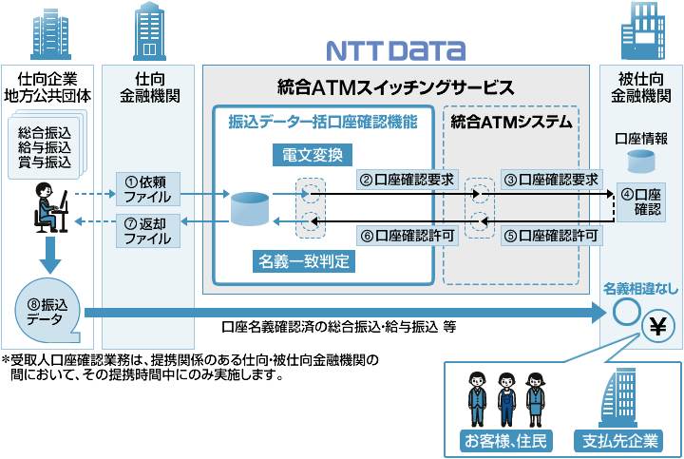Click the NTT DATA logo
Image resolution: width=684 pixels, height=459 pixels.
pyautogui.click(x=396, y=49)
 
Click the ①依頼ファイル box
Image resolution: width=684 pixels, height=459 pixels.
pyautogui.click(x=146, y=190)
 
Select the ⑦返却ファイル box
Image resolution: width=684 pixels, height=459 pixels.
pyautogui.click(x=146, y=231)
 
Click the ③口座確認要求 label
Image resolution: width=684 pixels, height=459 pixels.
pyautogui.click(x=552, y=178)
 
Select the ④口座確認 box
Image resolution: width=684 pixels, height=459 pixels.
pyautogui.click(x=639, y=201)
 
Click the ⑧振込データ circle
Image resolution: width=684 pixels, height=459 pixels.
pyautogui.click(x=44, y=310)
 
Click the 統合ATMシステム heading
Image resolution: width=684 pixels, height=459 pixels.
pyautogui.click(x=511, y=122)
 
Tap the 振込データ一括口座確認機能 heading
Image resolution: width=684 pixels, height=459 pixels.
pyautogui.click(x=323, y=122)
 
